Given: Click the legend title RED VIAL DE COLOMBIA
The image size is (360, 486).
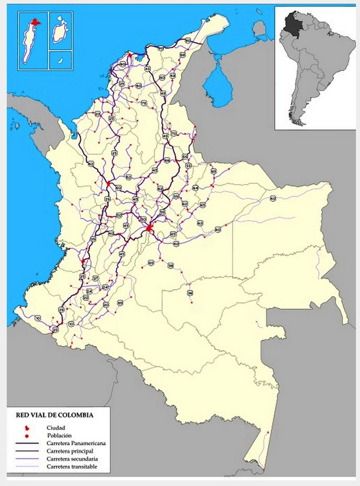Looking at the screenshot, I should coord(55,415).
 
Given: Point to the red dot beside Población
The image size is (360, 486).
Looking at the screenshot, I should coord(28,435).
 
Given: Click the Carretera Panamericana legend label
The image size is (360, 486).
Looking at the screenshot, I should coord(76,443).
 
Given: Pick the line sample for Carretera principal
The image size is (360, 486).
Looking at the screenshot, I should coord(28,450).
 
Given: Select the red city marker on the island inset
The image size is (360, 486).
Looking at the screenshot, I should coord(35,22).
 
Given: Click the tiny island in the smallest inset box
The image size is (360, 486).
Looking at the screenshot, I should coord(60,60).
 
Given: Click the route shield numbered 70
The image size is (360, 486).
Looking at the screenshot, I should coord(174,133).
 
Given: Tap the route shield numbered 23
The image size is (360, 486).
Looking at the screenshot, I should coord(97,114).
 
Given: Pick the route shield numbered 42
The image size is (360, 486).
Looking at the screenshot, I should coord(173,75).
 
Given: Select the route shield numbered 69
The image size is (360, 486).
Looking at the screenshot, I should coord(213,171).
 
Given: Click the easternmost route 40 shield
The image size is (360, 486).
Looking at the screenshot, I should coord(273,198).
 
